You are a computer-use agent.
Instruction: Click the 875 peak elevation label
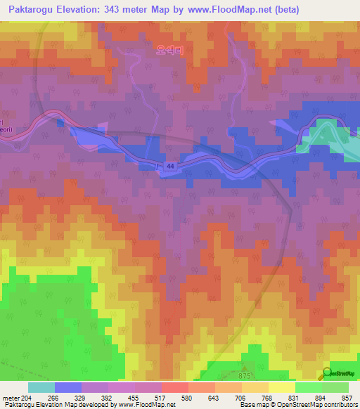(245, 377)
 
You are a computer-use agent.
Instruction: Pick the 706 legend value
(241, 397)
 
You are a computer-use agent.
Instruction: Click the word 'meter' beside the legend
(10, 397)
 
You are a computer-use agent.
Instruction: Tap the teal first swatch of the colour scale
(41, 387)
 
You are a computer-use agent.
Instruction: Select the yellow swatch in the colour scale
(281, 387)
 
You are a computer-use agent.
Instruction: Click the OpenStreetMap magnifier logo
(328, 374)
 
